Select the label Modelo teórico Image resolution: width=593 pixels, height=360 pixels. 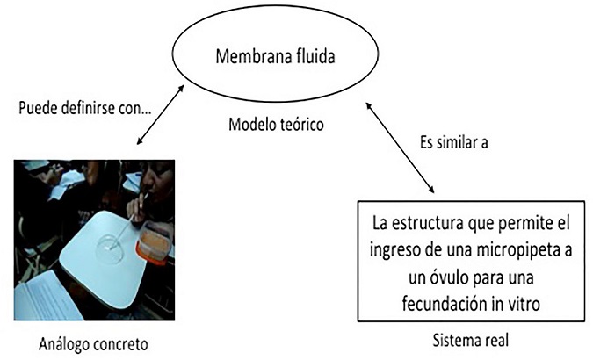coord(274,125)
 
